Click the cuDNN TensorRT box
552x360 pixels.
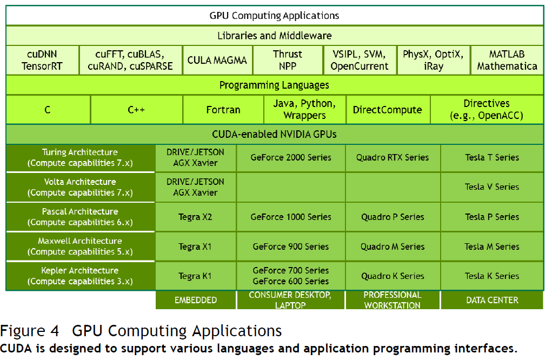[x=42, y=60]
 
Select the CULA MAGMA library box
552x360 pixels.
[x=217, y=60]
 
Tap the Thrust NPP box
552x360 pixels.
[x=287, y=60]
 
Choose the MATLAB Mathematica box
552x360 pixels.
[x=507, y=60]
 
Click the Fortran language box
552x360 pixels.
[x=223, y=110]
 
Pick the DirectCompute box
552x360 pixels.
[x=387, y=110]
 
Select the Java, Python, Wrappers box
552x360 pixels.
[x=304, y=110]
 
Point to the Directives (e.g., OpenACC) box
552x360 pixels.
[x=486, y=110]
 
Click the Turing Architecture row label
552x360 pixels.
[x=80, y=158]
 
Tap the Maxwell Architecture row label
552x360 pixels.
[x=80, y=246]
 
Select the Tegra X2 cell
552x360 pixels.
[x=195, y=217]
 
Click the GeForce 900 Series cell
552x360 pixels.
[x=290, y=246]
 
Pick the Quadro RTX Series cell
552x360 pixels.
[x=392, y=158]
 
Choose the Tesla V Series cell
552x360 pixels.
[x=491, y=187]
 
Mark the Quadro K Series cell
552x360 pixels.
[x=392, y=276]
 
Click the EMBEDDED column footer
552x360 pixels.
[x=195, y=300]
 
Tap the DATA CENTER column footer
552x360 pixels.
[x=491, y=300]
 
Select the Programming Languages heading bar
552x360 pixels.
[x=274, y=85]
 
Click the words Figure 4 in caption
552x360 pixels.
[x=30, y=331]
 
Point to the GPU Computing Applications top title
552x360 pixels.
[x=274, y=15]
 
